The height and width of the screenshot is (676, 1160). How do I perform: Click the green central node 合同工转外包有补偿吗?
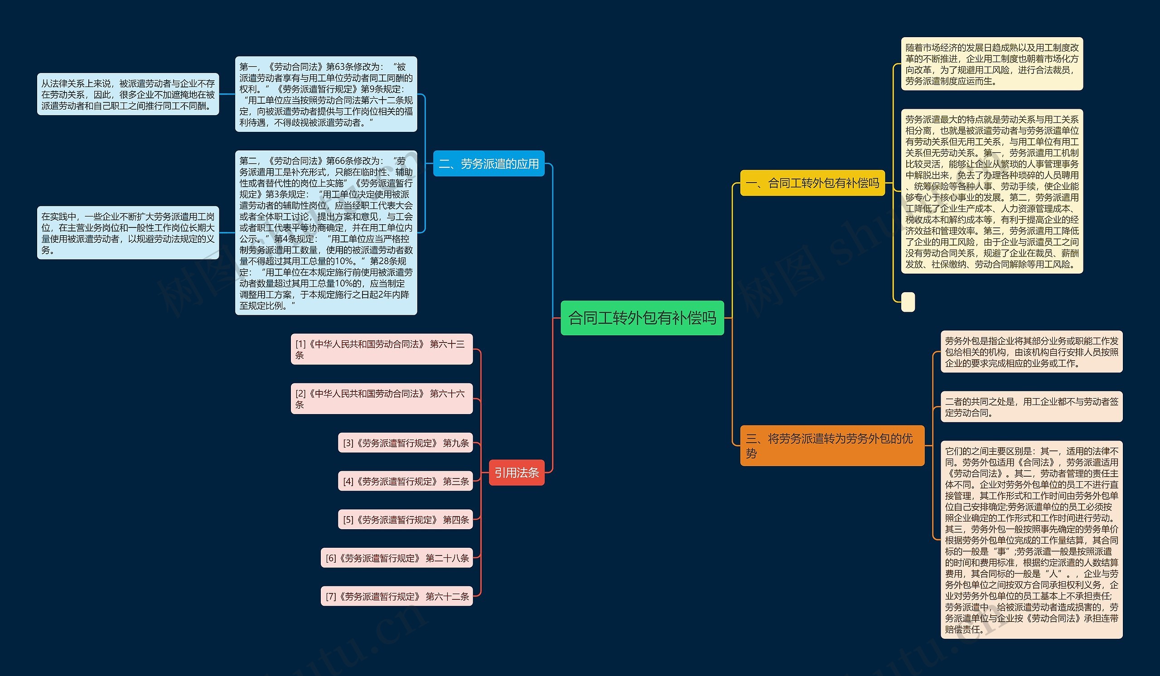coord(642,318)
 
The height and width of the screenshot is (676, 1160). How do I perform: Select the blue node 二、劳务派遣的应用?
coord(488,164)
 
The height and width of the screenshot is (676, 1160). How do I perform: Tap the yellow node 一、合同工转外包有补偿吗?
coord(812,183)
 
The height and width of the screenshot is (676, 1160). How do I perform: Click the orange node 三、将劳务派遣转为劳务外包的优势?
coord(831,445)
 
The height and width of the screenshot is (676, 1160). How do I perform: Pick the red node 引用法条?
coord(516,472)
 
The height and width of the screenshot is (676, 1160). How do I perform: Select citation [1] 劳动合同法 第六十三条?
coord(381,349)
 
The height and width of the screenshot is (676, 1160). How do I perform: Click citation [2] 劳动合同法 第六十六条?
coord(381,399)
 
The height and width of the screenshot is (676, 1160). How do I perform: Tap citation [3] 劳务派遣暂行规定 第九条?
coord(405,443)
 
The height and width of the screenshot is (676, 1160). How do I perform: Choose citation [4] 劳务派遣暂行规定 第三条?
coord(405,481)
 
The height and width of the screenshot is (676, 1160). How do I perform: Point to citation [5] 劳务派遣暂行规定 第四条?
coord(405,520)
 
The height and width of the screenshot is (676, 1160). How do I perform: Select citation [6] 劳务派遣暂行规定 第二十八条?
coord(396,558)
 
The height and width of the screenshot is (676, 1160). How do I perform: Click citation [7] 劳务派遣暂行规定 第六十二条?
coord(396,596)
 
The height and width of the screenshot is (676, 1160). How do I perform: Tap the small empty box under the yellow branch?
coord(907,302)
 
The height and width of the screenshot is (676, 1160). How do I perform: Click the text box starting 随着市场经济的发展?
coord(991,64)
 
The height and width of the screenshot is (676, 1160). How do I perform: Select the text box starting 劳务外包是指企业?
coord(1031,352)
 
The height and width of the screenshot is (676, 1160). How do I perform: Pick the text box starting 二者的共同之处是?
coord(1031,407)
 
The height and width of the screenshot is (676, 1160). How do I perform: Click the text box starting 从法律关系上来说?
coord(127,94)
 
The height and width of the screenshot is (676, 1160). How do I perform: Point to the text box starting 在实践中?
coord(127,233)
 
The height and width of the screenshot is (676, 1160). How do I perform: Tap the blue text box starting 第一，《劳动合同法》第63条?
coord(326,94)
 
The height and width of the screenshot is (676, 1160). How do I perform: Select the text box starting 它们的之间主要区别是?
coord(1031,539)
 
